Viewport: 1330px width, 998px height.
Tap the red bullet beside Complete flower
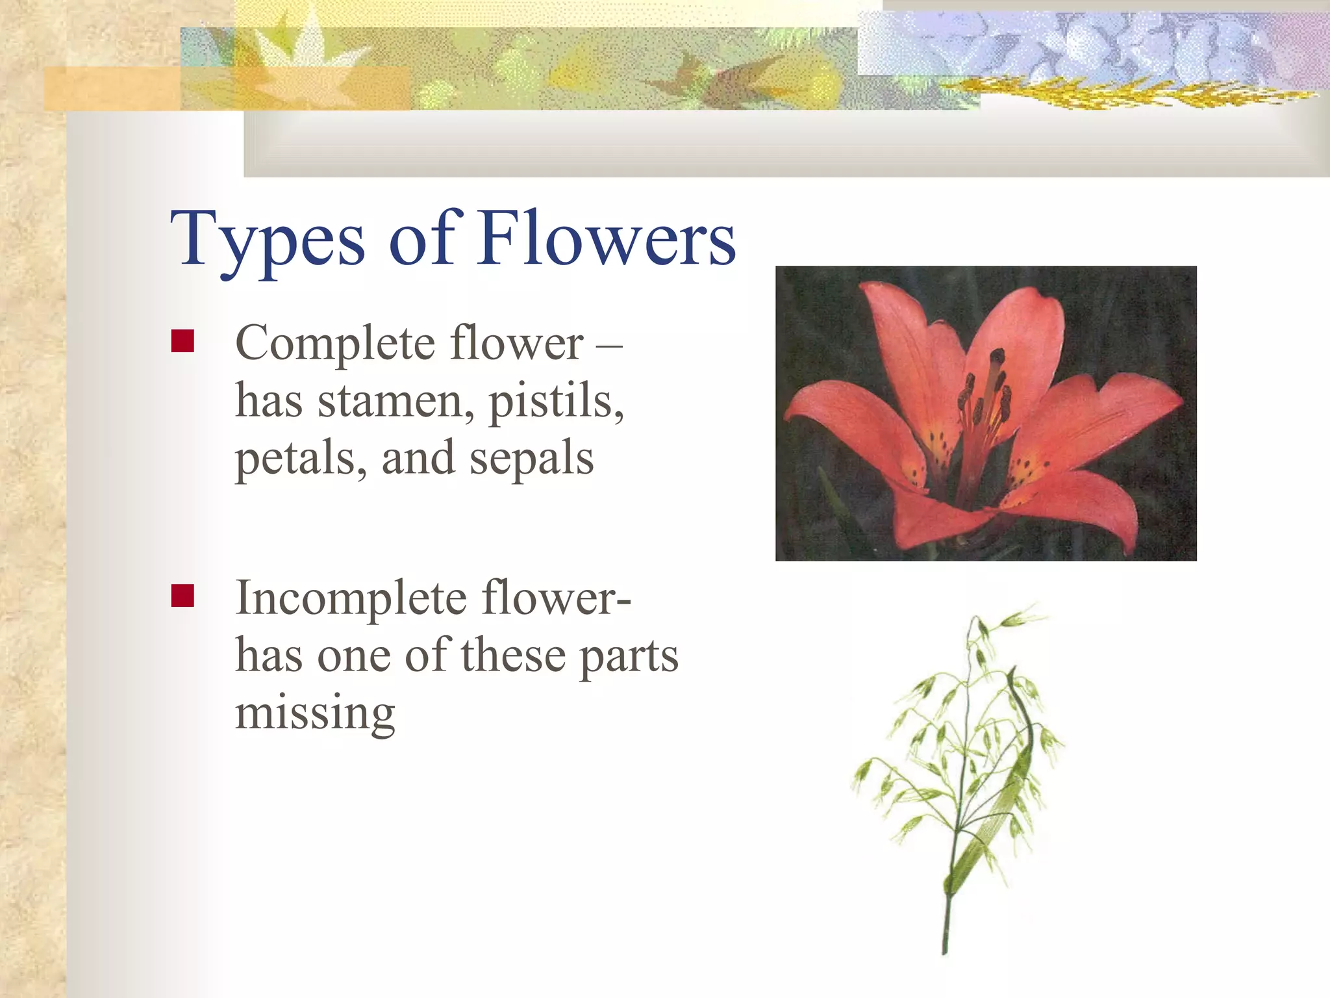182,341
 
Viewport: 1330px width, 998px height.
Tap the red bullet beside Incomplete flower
182,595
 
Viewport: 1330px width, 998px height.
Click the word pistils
556,402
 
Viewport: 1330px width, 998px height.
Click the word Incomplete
351,598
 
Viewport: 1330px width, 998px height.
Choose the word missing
315,713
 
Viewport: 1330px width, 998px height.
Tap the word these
513,656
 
